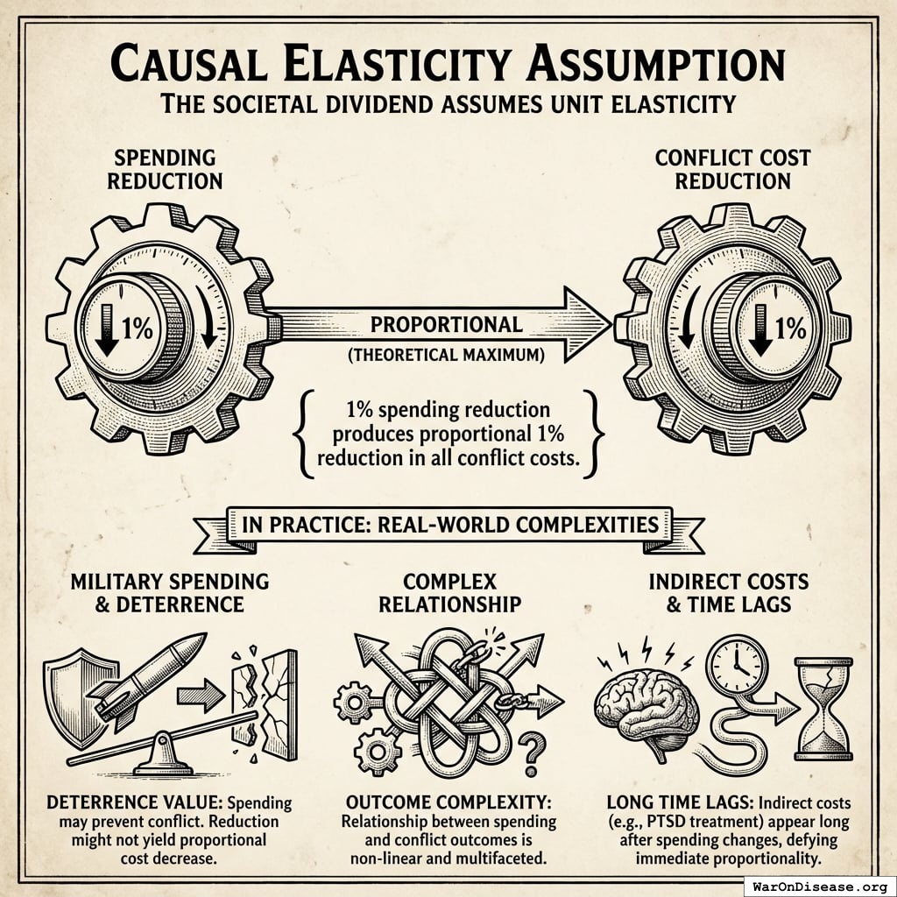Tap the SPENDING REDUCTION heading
tap(166, 170)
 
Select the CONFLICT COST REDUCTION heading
tap(732, 170)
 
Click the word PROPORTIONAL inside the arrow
tap(446, 324)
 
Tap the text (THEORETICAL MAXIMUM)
tap(446, 355)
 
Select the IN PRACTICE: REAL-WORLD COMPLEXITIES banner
tap(448, 526)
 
